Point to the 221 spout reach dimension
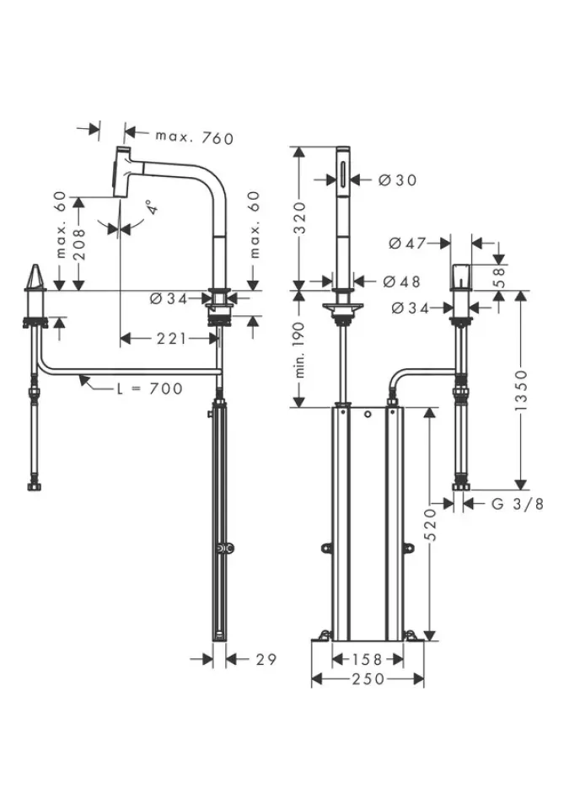[170, 339]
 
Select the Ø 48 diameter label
[400, 281]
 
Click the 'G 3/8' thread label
[516, 504]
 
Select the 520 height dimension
[430, 523]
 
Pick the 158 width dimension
[367, 659]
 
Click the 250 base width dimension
[367, 679]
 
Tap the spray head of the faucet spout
[123, 171]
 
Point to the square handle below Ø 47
[462, 277]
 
